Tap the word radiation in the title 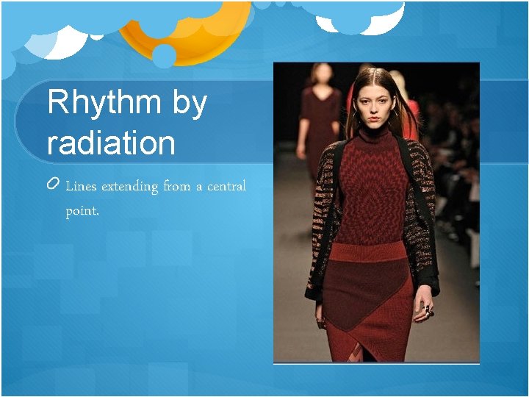click(111, 142)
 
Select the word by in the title click(190, 104)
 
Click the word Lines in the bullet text click(81, 187)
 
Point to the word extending click(129, 187)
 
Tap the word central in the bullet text click(226, 187)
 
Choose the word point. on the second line click(82, 212)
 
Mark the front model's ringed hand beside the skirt click(424, 312)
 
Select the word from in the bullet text click(176, 187)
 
